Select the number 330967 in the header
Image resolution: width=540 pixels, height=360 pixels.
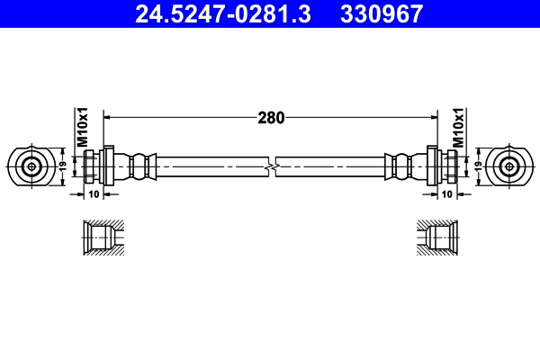tap(379, 13)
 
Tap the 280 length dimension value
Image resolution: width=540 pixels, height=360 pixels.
tap(272, 117)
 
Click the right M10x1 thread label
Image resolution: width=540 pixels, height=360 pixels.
tap(458, 129)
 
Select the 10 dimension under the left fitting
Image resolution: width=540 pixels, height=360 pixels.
tap(94, 194)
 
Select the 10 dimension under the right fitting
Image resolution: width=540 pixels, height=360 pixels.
tap(446, 194)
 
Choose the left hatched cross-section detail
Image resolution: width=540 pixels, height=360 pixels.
tap(101, 239)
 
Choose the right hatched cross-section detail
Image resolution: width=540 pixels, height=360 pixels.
tap(438, 239)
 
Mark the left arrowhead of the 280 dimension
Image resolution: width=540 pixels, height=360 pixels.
tap(110, 117)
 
